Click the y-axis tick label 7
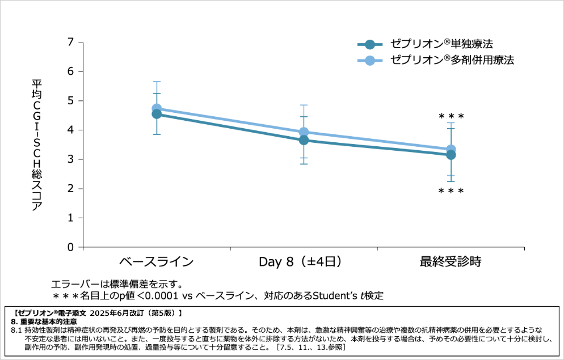[x=71, y=42]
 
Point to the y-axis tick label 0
[x=71, y=247]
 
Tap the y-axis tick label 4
[x=71, y=130]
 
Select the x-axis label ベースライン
[x=156, y=262]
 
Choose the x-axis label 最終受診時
[x=451, y=262]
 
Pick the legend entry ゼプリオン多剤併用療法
[x=452, y=60]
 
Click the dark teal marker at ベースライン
[x=157, y=114]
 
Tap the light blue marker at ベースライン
[x=157, y=108]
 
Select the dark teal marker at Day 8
[x=304, y=140]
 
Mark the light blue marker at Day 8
[x=304, y=132]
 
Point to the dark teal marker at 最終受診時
[x=451, y=155]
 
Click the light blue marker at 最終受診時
[x=451, y=150]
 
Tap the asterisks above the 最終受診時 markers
[x=451, y=117]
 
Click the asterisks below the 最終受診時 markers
[x=451, y=192]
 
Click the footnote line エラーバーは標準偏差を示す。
[x=117, y=283]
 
